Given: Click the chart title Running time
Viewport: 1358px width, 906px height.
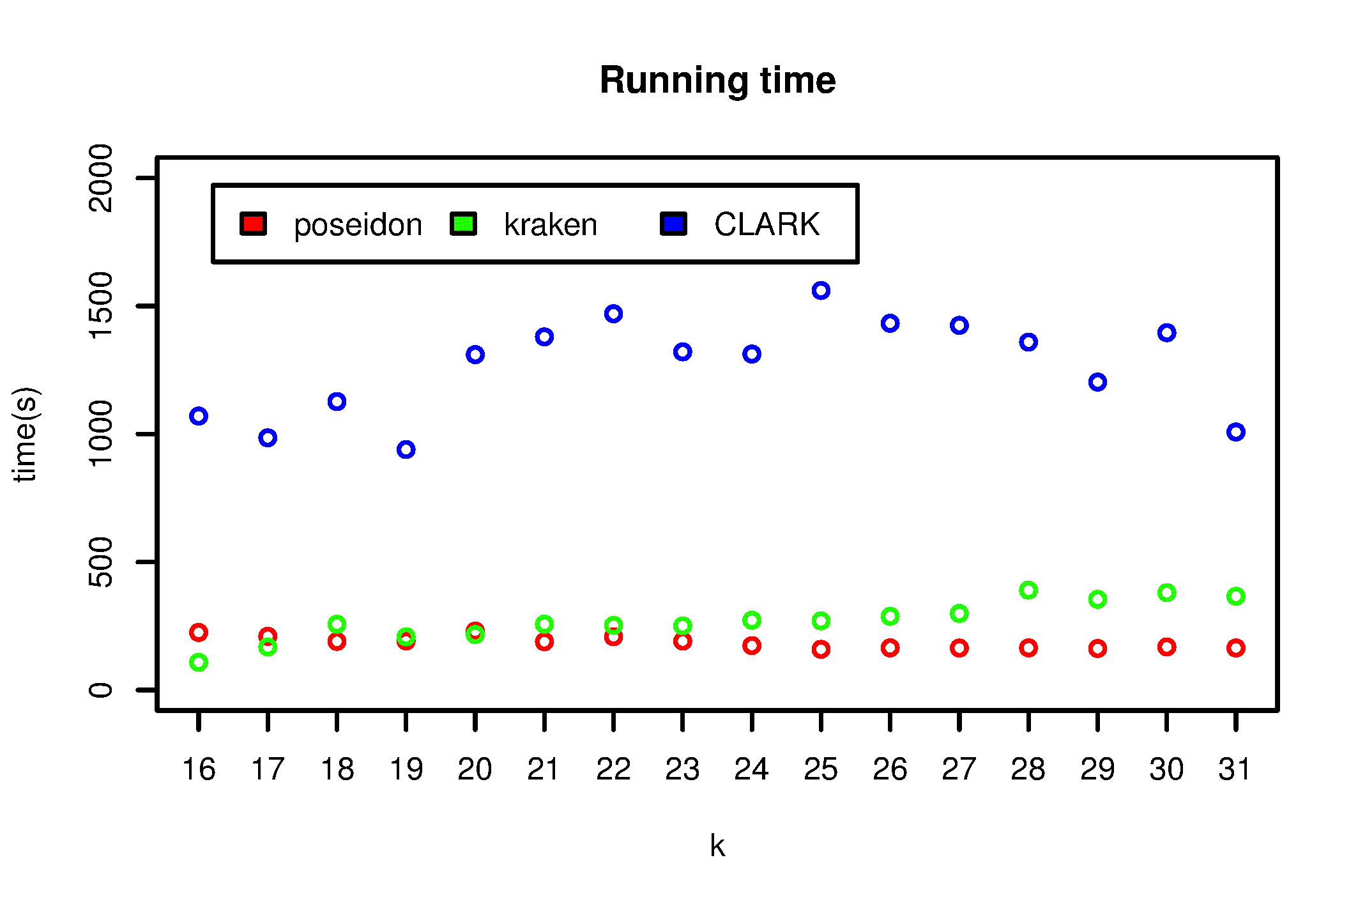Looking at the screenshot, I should click(717, 81).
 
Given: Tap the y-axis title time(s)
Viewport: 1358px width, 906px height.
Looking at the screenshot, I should click(26, 434).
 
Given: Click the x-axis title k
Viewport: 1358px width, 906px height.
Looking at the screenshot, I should click(717, 846).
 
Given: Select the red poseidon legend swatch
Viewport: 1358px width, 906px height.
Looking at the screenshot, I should click(253, 224).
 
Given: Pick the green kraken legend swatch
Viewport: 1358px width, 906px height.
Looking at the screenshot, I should click(463, 224).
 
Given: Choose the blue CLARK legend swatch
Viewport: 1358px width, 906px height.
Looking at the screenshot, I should click(673, 224).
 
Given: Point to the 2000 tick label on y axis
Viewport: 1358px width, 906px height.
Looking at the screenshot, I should click(101, 178).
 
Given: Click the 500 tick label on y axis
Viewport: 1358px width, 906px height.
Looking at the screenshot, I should click(101, 562).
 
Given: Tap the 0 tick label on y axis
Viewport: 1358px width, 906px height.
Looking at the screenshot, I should click(101, 690).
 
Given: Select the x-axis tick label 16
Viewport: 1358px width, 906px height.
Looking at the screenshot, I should click(199, 769).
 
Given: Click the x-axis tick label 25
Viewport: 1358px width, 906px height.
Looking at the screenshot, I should click(821, 769).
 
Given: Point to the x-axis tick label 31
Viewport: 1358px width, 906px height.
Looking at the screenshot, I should click(1235, 769).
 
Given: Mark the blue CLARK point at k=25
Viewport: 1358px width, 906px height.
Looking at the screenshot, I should click(821, 291).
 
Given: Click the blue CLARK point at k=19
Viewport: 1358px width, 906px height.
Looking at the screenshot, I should click(406, 450).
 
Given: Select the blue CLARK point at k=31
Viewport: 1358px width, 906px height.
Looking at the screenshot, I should click(1235, 432).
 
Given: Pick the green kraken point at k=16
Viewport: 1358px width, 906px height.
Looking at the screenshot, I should click(199, 663).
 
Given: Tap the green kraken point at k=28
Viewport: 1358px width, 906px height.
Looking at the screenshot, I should click(1028, 590).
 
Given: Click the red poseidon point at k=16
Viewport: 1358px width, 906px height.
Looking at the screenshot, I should click(199, 633).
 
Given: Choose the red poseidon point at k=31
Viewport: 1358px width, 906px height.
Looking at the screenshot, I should click(1235, 648).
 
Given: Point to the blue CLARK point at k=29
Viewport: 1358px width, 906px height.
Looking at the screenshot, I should click(1097, 382).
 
